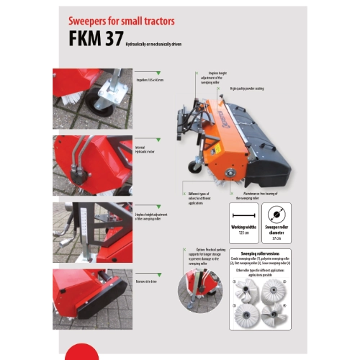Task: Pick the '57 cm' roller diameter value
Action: pyautogui.click(x=275, y=235)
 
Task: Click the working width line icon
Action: pyautogui.click(x=243, y=214)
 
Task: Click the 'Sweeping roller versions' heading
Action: pyautogui.click(x=259, y=254)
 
